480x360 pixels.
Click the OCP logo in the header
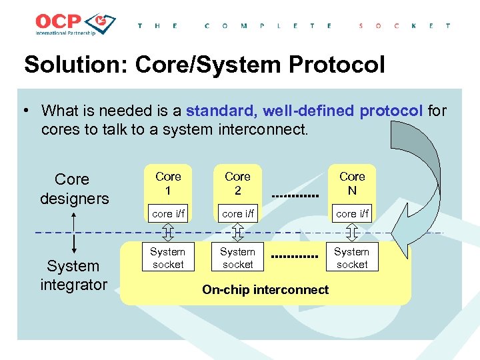coord(75,25)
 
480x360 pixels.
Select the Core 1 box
coord(168,183)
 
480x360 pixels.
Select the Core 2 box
coord(237,183)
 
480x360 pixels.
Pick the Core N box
coord(352,183)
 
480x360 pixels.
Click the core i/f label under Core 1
coord(168,213)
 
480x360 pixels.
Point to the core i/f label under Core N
coord(352,213)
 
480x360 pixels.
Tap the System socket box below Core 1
coord(168,258)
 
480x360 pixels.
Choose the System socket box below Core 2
coord(237,258)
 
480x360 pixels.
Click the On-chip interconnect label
coord(265,289)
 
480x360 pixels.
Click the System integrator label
coord(73,275)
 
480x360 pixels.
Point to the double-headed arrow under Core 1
coord(168,232)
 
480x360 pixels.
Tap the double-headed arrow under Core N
coord(352,232)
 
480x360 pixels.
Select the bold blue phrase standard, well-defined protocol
coord(305,110)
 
